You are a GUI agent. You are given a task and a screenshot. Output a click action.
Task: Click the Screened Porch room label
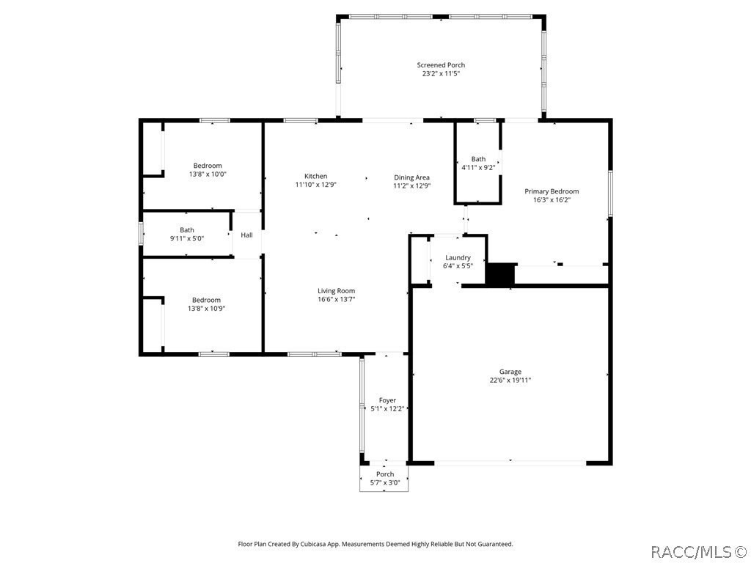441,65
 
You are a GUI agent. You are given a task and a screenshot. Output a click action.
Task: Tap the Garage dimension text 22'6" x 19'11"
510,380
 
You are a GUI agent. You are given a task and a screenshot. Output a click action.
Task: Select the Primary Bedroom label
552,191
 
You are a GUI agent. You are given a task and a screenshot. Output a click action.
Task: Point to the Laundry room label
458,257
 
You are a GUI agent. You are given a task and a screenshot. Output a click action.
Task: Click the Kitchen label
316,176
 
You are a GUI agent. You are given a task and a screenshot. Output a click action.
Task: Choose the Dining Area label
411,177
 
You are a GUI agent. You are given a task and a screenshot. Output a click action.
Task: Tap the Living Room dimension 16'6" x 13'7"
337,299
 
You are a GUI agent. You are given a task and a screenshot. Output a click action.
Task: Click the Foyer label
387,400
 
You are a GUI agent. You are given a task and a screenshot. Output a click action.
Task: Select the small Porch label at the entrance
385,474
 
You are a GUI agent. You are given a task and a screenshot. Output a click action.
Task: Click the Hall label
247,235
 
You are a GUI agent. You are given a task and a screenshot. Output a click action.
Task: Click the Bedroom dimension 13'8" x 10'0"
208,174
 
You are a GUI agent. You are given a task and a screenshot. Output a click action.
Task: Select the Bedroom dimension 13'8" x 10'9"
206,309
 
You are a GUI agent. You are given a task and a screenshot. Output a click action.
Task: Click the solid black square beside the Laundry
501,275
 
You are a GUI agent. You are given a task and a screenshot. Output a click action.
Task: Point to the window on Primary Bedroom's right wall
609,194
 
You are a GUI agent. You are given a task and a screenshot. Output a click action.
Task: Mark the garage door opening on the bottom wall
510,463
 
